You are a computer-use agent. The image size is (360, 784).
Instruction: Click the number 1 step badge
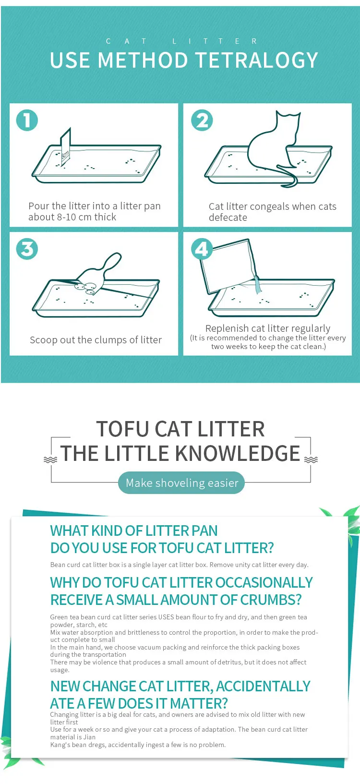(x=27, y=120)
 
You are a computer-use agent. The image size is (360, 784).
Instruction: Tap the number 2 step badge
(x=202, y=120)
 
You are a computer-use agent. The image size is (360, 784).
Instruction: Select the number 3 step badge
(x=27, y=249)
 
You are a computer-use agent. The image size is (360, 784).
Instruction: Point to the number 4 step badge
(x=202, y=249)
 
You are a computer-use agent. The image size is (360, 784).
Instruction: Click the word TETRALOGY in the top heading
(x=257, y=60)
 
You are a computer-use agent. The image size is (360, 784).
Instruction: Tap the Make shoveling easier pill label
(x=181, y=483)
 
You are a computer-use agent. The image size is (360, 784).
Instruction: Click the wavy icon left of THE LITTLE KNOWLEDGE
(x=50, y=459)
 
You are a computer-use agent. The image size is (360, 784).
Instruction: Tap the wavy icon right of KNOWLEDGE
(x=311, y=459)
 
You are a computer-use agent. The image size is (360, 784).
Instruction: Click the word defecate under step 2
(x=228, y=217)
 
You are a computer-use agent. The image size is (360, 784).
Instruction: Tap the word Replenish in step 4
(x=226, y=328)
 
